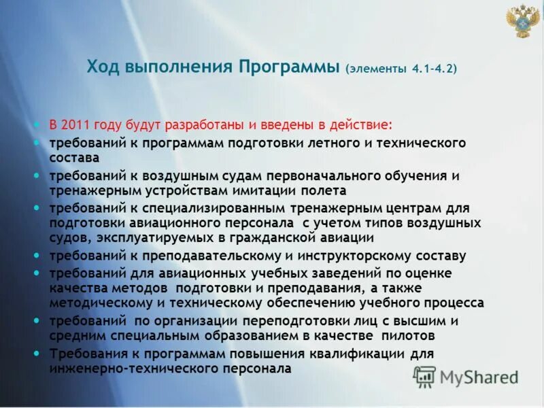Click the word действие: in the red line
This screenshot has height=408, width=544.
(358, 126)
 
